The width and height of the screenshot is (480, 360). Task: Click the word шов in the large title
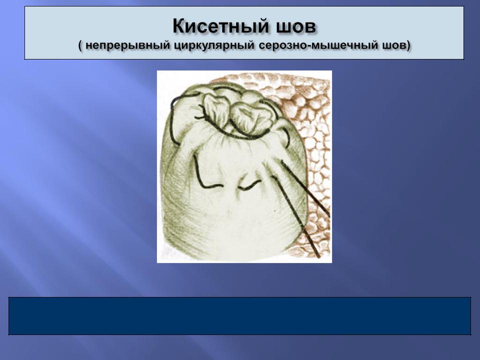(296, 27)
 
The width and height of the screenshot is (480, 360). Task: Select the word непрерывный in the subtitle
(127, 45)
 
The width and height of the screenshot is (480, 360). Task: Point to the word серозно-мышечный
(318, 45)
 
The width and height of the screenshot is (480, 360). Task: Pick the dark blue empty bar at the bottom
(239, 316)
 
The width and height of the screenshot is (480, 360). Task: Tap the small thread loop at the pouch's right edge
(287, 136)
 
